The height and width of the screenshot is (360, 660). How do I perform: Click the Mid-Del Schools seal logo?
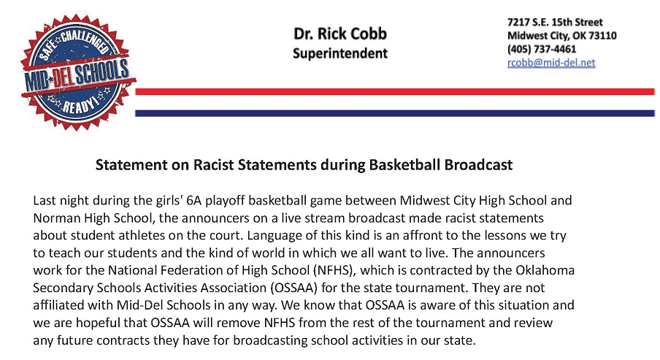tap(78, 72)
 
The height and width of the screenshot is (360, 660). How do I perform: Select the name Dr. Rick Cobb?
tap(340, 34)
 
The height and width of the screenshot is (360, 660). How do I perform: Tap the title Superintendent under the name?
tap(340, 53)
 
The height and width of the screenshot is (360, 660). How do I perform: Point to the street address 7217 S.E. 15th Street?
tap(555, 23)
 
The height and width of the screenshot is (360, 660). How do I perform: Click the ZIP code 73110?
tap(602, 35)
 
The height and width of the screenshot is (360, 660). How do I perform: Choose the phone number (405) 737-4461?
tap(542, 49)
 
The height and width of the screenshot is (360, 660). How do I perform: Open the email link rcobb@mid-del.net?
tap(551, 63)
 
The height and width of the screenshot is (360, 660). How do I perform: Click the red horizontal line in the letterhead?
tap(395, 92)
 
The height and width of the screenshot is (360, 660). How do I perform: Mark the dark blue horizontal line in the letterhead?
tap(395, 113)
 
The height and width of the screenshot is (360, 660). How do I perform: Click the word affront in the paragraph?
tap(423, 235)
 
